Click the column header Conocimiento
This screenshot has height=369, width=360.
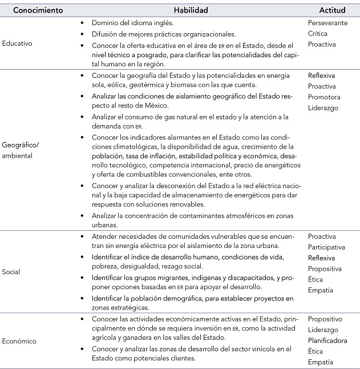click(x=38, y=10)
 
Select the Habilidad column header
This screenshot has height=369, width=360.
click(x=191, y=10)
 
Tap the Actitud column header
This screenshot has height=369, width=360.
click(x=332, y=10)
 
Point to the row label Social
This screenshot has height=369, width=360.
click(x=12, y=272)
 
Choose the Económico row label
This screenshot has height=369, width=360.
click(x=20, y=342)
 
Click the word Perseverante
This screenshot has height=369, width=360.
click(x=327, y=23)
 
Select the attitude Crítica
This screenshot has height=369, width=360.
click(x=317, y=33)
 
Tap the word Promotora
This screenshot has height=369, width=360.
click(x=324, y=97)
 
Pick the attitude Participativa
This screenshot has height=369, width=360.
click(x=327, y=247)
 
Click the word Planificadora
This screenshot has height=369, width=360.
click(x=329, y=341)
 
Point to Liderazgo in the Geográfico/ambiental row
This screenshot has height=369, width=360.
click(x=323, y=107)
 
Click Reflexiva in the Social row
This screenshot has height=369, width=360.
click(x=322, y=258)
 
